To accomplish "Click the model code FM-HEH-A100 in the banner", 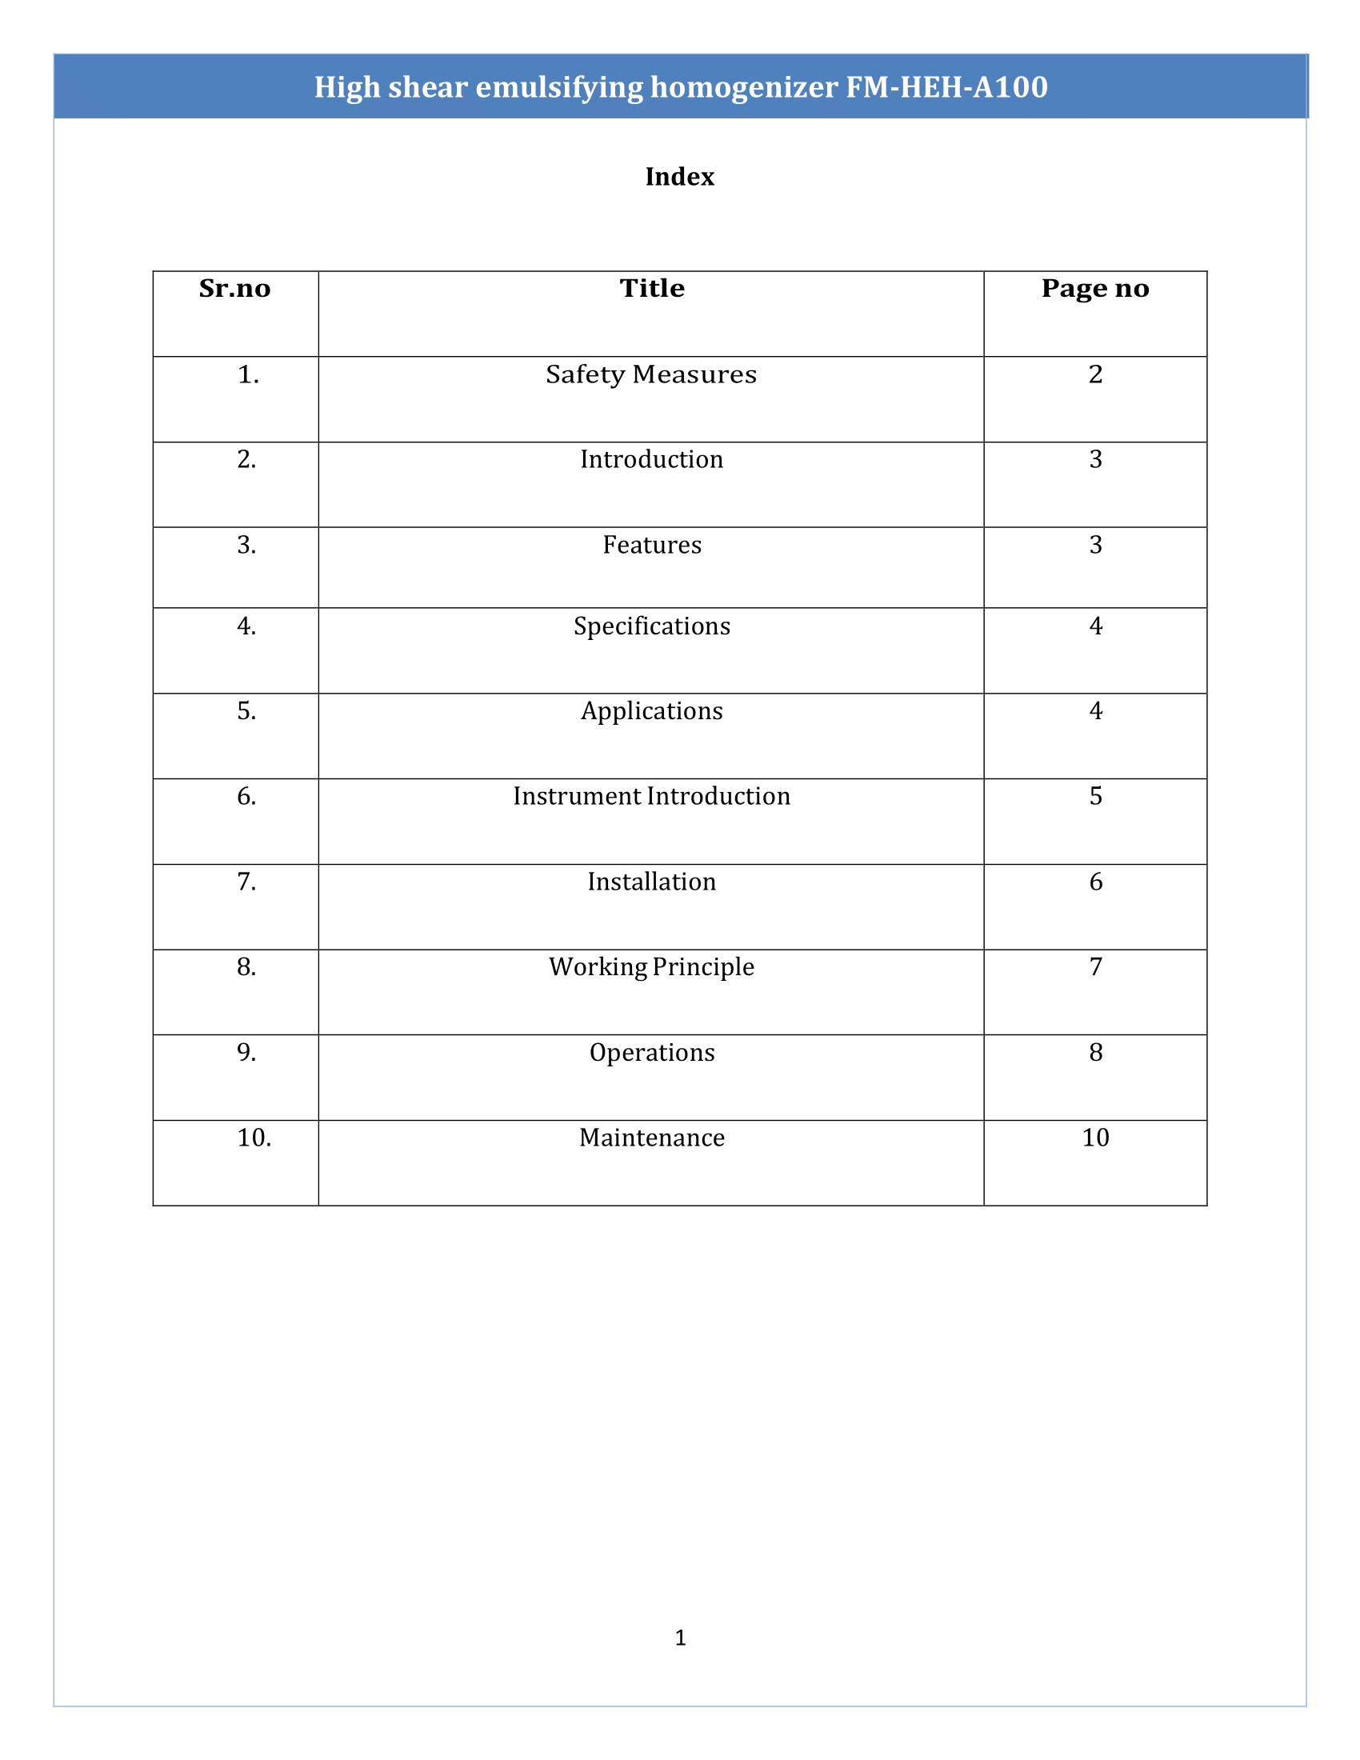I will click(x=946, y=87).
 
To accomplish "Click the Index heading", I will click(x=679, y=177).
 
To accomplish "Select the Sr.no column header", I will click(x=234, y=289).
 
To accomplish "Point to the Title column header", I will click(x=651, y=289).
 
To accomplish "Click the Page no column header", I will click(x=1095, y=289).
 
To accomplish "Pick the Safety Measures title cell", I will click(x=651, y=374).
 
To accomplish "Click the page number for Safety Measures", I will click(x=1095, y=374).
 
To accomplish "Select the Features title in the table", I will click(x=652, y=545).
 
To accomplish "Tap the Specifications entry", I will click(x=652, y=626).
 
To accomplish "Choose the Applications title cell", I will click(x=652, y=710).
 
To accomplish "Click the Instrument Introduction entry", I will click(x=652, y=796).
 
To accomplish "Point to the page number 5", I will click(x=1095, y=796).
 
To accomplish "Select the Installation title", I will click(x=652, y=882).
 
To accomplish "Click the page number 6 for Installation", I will click(x=1095, y=882).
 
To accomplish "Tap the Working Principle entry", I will click(x=652, y=967).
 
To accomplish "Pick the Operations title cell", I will click(x=652, y=1053).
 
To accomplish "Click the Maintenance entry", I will click(x=652, y=1138).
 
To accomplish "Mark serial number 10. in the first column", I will click(x=254, y=1138).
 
